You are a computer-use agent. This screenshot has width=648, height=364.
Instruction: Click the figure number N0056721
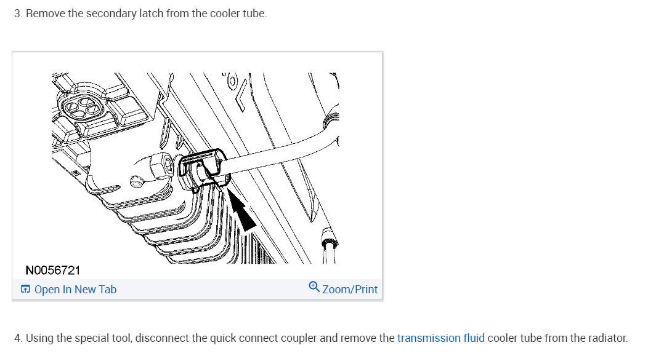[53, 270]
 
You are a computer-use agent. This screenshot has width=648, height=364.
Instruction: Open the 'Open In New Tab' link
[75, 290]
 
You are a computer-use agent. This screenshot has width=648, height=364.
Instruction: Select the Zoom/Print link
[350, 290]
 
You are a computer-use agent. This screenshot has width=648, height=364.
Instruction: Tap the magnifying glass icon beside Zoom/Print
[314, 288]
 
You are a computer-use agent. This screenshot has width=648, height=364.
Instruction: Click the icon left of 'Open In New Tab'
[25, 290]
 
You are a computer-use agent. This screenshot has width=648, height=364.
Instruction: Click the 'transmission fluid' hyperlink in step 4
[441, 338]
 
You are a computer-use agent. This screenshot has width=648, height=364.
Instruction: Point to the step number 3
[17, 14]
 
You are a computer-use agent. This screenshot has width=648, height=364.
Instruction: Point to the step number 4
[17, 338]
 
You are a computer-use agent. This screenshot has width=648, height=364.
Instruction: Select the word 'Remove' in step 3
[46, 14]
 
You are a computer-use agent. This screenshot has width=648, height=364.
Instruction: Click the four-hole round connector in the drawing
[79, 110]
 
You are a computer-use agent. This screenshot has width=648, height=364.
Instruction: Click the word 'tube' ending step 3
[254, 14]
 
